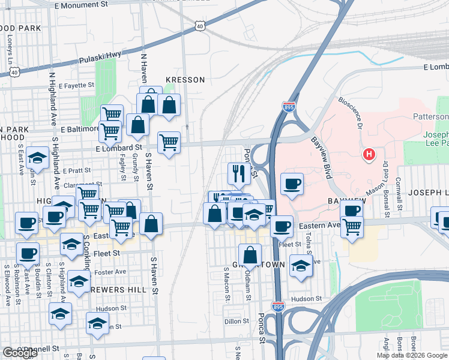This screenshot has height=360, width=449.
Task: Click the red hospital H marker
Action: pyautogui.click(x=369, y=155)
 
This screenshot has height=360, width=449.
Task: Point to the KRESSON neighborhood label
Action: pyautogui.click(x=185, y=80)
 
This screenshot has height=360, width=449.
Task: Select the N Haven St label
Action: pyautogui.click(x=144, y=68)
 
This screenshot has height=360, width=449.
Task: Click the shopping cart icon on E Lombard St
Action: pyautogui.click(x=169, y=142)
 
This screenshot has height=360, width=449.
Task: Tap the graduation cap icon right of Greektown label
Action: pyautogui.click(x=301, y=266)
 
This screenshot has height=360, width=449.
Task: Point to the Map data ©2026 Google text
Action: pyautogui.click(x=412, y=355)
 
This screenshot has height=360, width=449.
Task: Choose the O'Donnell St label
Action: pyautogui.click(x=38, y=348)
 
